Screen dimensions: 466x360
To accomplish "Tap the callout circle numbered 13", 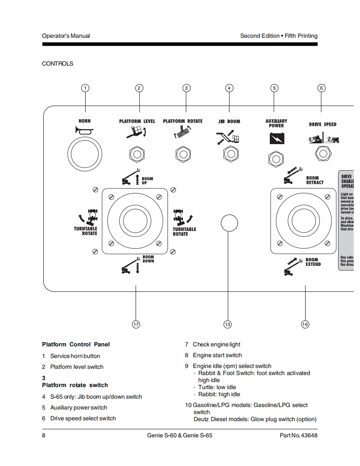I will pyautogui.click(x=227, y=324).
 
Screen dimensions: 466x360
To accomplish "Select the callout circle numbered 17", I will pyautogui.click(x=136, y=324).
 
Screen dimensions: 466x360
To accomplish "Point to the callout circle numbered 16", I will pyautogui.click(x=305, y=324).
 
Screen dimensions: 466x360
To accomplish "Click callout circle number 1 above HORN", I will pyautogui.click(x=85, y=88).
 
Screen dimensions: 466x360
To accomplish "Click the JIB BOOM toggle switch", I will pyautogui.click(x=230, y=154).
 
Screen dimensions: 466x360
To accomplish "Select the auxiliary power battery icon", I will pyautogui.click(x=276, y=137).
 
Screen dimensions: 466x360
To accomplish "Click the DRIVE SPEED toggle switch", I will pyautogui.click(x=323, y=154).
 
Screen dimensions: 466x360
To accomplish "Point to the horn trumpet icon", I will pyautogui.click(x=84, y=131).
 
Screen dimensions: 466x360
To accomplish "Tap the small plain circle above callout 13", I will pyautogui.click(x=229, y=223).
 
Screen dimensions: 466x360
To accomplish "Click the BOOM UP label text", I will pyautogui.click(x=147, y=181).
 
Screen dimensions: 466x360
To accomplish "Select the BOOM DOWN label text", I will pyautogui.click(x=148, y=259).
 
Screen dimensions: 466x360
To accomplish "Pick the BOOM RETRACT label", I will pyautogui.click(x=315, y=180).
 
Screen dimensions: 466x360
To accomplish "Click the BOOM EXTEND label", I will pyautogui.click(x=313, y=262).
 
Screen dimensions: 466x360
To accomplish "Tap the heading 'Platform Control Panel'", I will pyautogui.click(x=76, y=344).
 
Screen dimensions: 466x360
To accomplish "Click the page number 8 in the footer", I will pyautogui.click(x=44, y=436).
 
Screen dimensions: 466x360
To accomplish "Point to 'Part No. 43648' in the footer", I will pyautogui.click(x=298, y=436).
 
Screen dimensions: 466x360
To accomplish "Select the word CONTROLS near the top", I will pyautogui.click(x=57, y=64).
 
